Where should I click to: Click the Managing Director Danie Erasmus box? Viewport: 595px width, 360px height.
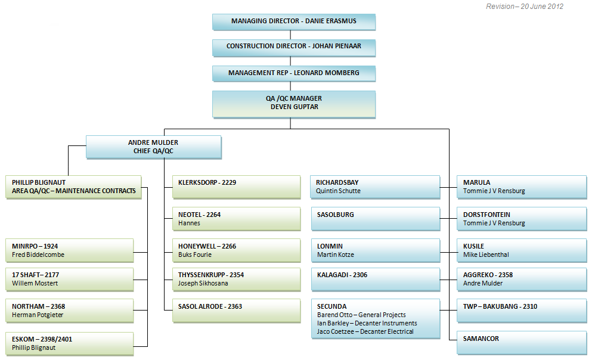294,21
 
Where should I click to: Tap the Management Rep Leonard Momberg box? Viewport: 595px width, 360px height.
294,73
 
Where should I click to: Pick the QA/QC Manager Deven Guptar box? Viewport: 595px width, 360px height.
294,103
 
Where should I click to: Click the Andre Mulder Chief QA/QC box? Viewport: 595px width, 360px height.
153,147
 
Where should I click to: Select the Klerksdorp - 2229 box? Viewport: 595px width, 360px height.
235,187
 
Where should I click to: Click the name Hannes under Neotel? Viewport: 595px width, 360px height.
189,224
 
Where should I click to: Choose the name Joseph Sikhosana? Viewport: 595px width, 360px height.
203,284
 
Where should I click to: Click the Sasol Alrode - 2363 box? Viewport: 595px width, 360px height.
235,311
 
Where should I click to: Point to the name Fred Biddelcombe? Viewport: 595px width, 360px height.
38,255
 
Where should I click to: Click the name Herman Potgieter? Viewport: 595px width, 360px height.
38,315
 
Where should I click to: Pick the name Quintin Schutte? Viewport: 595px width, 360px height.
338,191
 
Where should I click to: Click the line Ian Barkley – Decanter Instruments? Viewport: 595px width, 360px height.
367,323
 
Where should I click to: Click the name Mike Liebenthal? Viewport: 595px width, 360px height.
486,255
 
